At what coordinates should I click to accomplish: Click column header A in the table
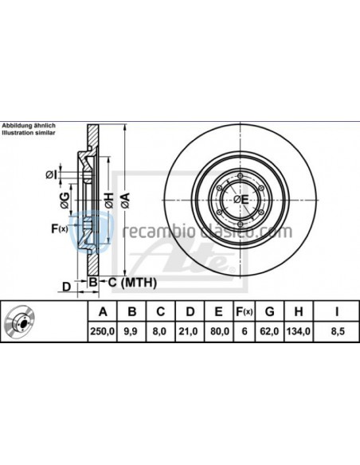coord(101,311)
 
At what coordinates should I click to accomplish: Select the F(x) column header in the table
coord(245,311)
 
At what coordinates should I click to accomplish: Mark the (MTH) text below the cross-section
coord(138,283)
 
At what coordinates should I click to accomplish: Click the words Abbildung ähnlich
coord(28,126)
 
